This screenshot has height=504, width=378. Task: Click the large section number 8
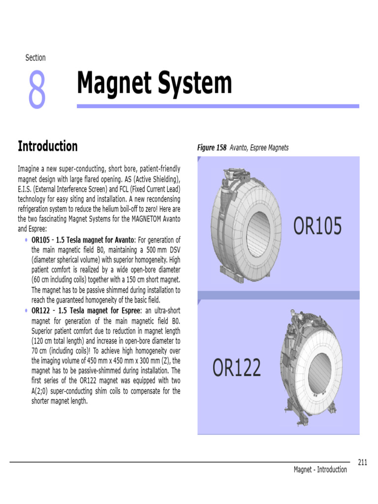(37, 89)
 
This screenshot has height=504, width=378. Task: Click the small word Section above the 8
(35, 58)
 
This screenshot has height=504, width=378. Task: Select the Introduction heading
(48, 146)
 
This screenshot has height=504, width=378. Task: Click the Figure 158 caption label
(213, 148)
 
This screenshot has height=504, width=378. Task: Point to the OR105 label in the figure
(317, 226)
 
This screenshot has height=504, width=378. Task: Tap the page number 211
(363, 462)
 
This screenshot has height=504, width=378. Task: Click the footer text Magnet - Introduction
(320, 470)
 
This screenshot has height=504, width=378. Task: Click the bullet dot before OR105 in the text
(26, 240)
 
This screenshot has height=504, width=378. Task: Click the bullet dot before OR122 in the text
(26, 311)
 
